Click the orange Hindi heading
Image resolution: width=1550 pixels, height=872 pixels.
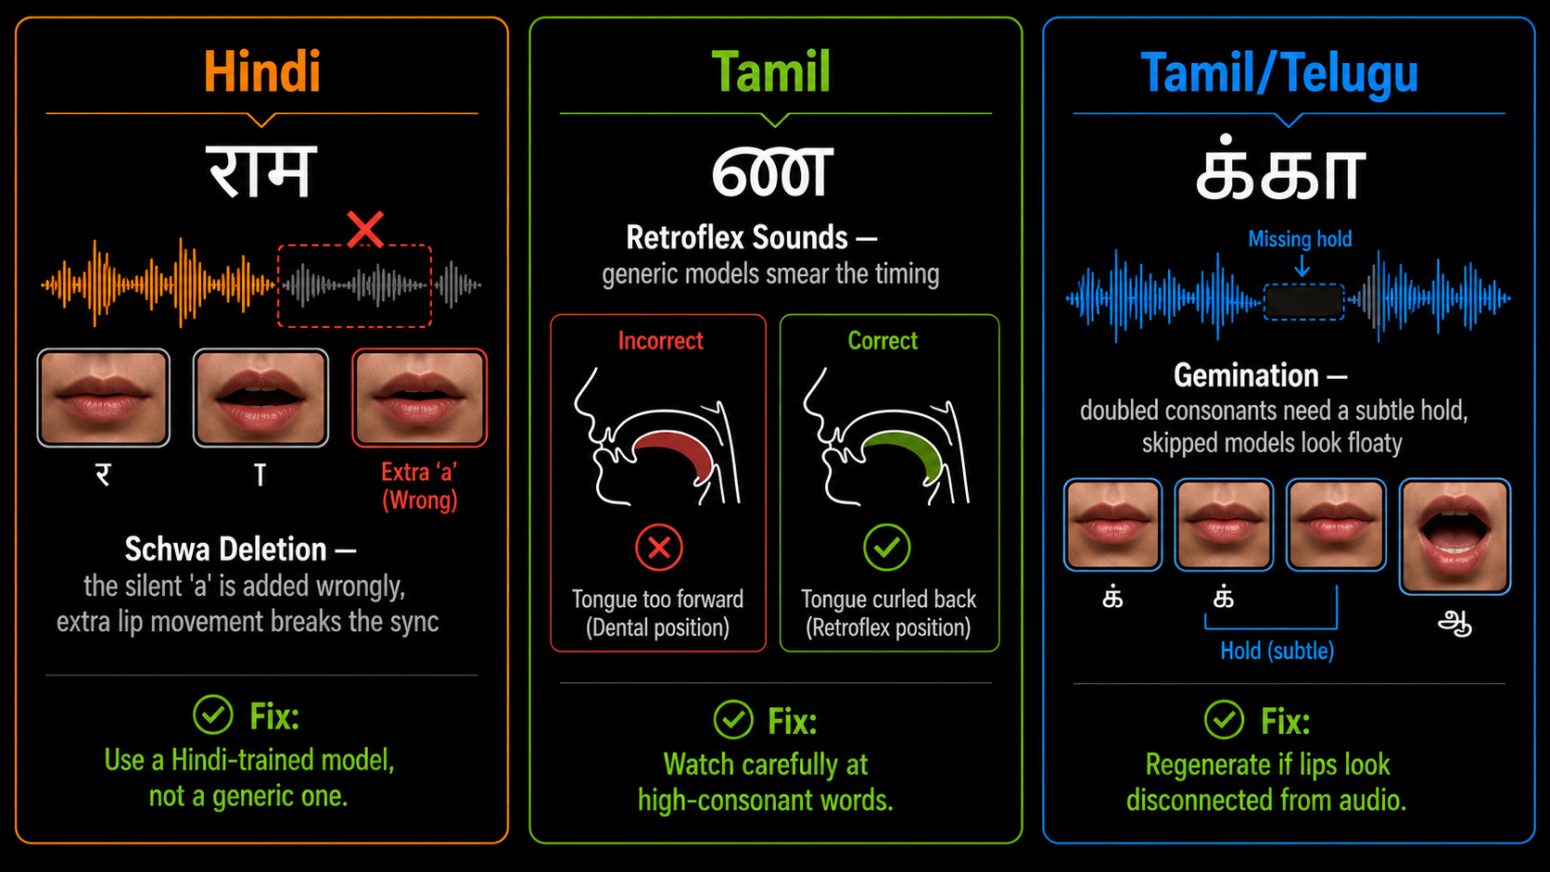pos(262,71)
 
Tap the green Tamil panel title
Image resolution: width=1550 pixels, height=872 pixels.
pos(771,71)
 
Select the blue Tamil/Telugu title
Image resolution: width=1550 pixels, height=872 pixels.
pos(1279,73)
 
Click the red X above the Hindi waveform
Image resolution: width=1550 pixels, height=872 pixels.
pos(365,230)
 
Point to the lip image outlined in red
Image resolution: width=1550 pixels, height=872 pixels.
pos(419,398)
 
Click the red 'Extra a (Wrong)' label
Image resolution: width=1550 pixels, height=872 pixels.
pos(419,487)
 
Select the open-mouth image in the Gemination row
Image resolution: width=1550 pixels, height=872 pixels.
pos(1455,537)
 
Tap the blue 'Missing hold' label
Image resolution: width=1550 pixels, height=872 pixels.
pos(1300,239)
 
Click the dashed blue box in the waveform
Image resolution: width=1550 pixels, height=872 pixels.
pos(1303,301)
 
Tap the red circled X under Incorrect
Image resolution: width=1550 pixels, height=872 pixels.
pos(659,548)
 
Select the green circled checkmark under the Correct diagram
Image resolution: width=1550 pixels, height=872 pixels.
pos(886,548)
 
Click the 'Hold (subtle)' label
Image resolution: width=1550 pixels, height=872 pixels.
pos(1277,651)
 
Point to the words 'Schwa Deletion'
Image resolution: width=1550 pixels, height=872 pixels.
pos(225,550)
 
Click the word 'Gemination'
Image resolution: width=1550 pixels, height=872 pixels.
pos(1246,375)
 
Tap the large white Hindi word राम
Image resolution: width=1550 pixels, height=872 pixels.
pos(261,171)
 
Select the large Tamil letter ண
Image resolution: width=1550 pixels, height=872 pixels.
pos(771,173)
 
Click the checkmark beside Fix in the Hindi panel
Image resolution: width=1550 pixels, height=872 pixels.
pos(213,714)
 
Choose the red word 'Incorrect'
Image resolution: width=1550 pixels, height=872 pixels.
pos(660,340)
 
